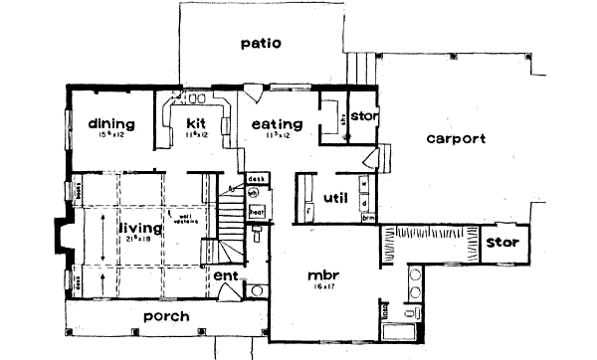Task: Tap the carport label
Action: (456, 139)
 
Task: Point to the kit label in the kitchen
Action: (194, 123)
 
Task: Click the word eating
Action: (271, 124)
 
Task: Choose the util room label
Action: (335, 199)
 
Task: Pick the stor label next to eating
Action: (362, 115)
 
